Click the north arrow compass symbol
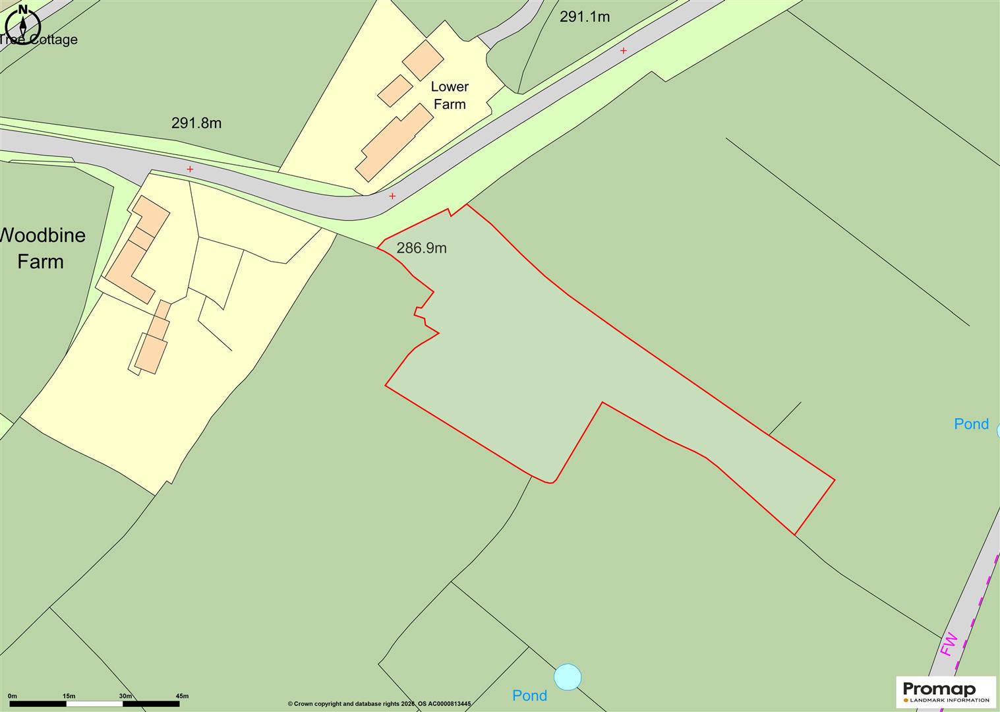[x=23, y=25]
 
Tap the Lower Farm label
[x=450, y=96]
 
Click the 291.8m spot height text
[x=196, y=123]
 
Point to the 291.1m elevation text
[x=585, y=17]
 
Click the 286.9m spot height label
[x=421, y=249]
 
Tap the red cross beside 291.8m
[x=191, y=169]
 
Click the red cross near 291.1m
[x=623, y=51]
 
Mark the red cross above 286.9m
[x=392, y=196]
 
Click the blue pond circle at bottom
[x=568, y=677]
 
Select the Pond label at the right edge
[x=971, y=424]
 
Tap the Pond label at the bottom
[x=530, y=696]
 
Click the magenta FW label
[x=949, y=644]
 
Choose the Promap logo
[x=946, y=692]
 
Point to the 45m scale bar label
[x=182, y=696]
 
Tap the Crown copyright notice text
[x=379, y=704]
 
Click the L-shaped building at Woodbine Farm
[x=135, y=251]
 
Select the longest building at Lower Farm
[x=394, y=142]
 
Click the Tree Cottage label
[x=40, y=40]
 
